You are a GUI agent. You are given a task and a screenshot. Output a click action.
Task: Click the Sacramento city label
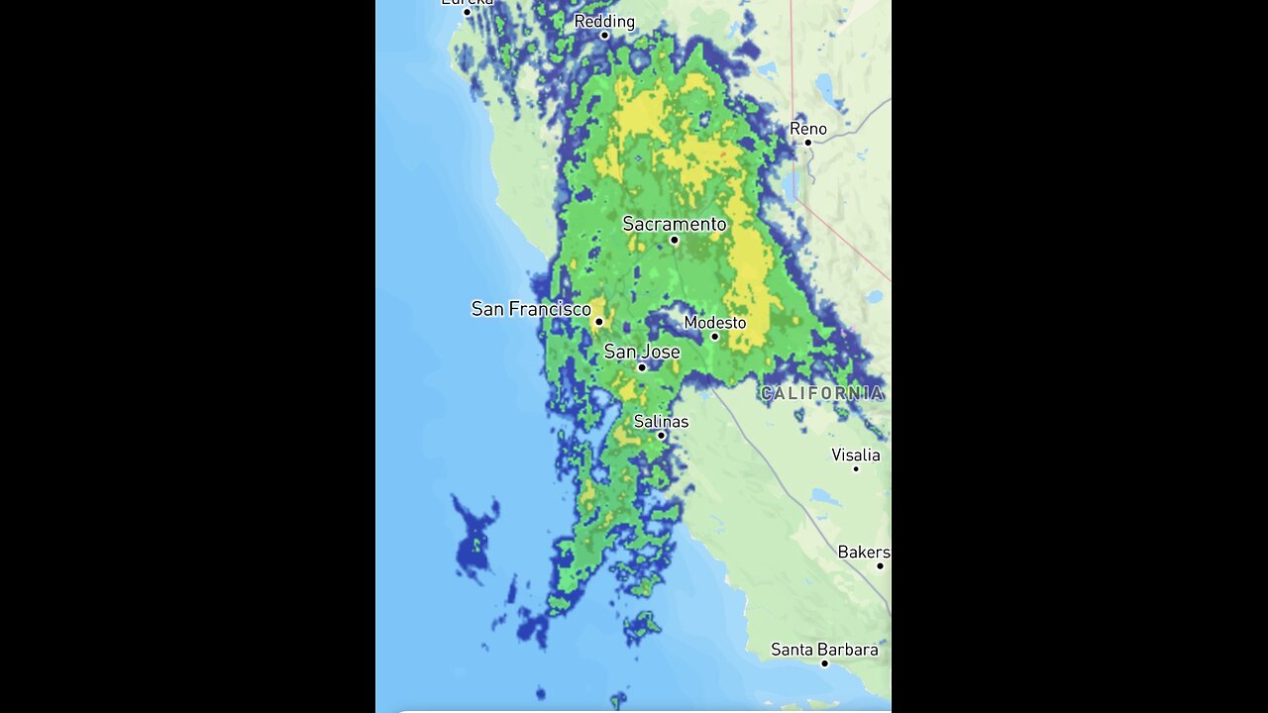pyautogui.click(x=674, y=224)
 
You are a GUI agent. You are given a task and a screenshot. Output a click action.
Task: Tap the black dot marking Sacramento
pyautogui.click(x=675, y=240)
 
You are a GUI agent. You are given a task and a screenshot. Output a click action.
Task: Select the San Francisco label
pyautogui.click(x=531, y=309)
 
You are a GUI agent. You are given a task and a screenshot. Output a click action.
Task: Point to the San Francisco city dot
pyautogui.click(x=598, y=322)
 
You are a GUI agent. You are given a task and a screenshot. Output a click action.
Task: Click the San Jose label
pyautogui.click(x=642, y=352)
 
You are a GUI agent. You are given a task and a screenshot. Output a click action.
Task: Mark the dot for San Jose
pyautogui.click(x=642, y=367)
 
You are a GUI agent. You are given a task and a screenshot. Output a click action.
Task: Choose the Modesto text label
pyautogui.click(x=715, y=323)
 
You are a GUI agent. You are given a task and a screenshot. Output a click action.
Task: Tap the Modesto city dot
pyautogui.click(x=714, y=337)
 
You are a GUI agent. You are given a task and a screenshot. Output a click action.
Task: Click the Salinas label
pyautogui.click(x=661, y=421)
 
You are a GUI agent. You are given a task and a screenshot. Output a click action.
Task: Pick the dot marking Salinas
pyautogui.click(x=661, y=436)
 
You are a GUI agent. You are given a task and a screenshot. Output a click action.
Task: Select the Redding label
pyautogui.click(x=604, y=21)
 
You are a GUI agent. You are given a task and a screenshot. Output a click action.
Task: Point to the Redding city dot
pyautogui.click(x=604, y=36)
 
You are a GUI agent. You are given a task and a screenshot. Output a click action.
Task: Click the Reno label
pyautogui.click(x=808, y=129)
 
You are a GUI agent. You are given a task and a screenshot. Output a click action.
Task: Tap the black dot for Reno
pyautogui.click(x=808, y=143)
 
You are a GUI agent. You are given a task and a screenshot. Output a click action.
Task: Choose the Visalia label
pyautogui.click(x=856, y=455)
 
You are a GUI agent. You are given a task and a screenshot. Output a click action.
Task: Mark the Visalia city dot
pyautogui.click(x=856, y=468)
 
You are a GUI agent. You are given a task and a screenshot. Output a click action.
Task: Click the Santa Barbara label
pyautogui.click(x=824, y=650)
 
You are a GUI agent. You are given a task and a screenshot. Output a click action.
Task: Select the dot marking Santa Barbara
pyautogui.click(x=824, y=663)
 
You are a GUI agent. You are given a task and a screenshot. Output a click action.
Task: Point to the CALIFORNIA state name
pyautogui.click(x=821, y=393)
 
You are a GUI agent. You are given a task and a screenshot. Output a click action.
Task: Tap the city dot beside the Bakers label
pyautogui.click(x=880, y=565)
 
